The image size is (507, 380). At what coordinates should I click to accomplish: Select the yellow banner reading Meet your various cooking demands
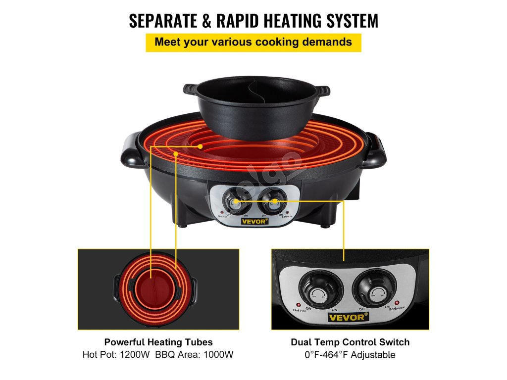click(253, 42)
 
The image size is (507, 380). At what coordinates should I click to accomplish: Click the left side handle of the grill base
click(131, 151)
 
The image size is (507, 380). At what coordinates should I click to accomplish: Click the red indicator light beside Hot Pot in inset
click(299, 304)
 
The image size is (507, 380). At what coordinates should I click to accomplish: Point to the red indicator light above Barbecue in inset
click(398, 302)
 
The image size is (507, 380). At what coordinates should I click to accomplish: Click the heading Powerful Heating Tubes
click(158, 342)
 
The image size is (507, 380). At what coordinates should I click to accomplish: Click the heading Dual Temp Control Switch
click(350, 342)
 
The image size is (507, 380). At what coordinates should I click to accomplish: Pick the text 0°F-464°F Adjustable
click(350, 354)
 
